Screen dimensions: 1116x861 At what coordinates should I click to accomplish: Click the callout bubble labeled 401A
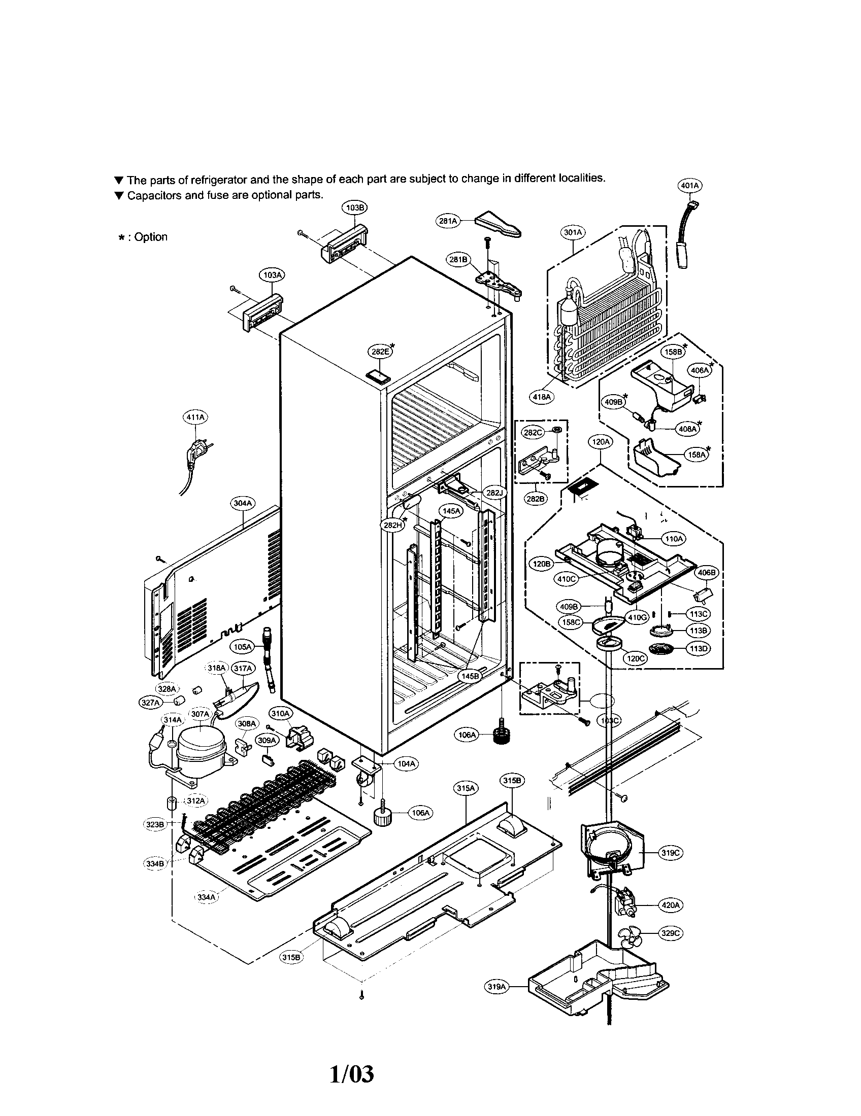coord(689,186)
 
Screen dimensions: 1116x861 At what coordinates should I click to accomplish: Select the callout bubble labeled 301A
coord(573,232)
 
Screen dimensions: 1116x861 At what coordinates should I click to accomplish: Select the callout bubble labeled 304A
coord(243,503)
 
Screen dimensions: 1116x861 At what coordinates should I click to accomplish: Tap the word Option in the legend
coord(151,237)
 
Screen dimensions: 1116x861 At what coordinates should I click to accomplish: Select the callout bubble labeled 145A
coord(451,510)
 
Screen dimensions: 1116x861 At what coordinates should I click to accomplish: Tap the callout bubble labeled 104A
coord(406,763)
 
